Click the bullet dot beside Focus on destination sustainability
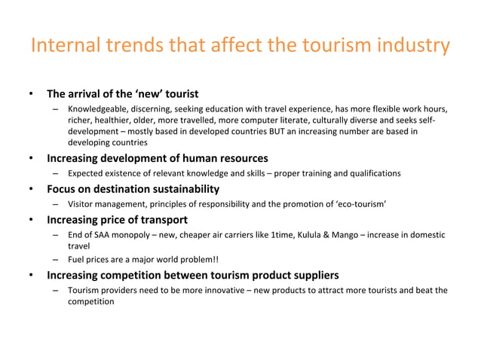(x=30, y=189)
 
